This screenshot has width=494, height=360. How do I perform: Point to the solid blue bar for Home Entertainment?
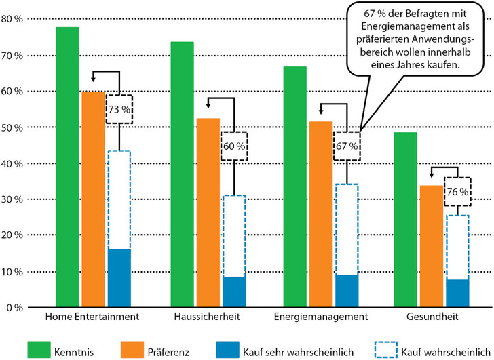(119, 278)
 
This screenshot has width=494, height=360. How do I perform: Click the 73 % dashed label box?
(119, 109)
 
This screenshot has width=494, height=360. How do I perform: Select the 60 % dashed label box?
(233, 145)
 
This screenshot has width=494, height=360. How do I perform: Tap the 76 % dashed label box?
(457, 193)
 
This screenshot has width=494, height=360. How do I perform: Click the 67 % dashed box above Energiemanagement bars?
(347, 146)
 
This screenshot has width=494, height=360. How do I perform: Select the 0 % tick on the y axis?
(16, 308)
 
